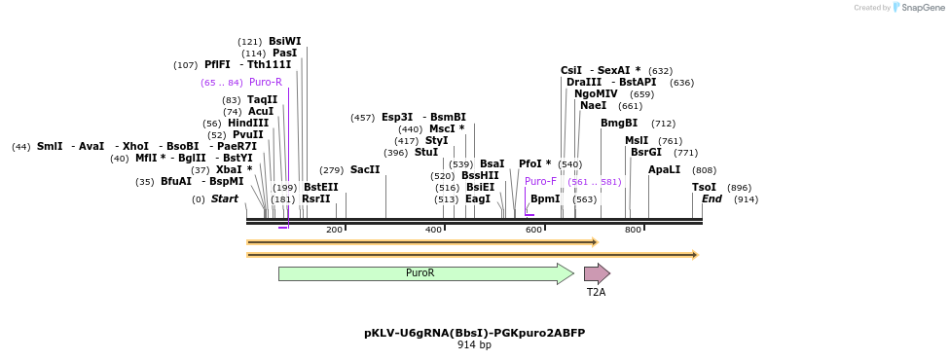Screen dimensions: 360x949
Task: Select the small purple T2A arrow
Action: click(596, 273)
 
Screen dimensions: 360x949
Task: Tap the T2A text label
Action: click(596, 292)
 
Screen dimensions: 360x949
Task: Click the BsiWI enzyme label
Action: click(285, 41)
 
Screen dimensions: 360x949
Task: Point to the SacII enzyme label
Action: click(365, 169)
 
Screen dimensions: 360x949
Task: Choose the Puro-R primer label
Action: click(266, 82)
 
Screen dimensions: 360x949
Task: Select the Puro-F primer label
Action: click(540, 181)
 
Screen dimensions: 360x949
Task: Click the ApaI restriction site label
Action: click(665, 169)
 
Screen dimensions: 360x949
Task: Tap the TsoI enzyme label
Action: click(704, 187)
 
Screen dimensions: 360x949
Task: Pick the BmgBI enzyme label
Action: click(619, 123)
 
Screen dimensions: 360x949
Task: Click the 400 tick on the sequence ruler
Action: click(433, 230)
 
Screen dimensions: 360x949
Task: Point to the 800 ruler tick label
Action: click(633, 230)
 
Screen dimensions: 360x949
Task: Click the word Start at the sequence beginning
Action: click(225, 198)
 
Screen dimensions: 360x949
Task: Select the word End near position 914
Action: click(712, 198)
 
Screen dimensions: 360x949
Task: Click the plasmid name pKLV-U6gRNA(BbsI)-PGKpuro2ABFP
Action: click(474, 333)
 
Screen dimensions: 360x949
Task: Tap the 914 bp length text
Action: click(474, 344)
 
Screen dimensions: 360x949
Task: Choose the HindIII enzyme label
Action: click(248, 123)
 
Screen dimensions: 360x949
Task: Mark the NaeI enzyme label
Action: click(593, 105)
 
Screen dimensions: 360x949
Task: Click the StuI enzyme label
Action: click(426, 152)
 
